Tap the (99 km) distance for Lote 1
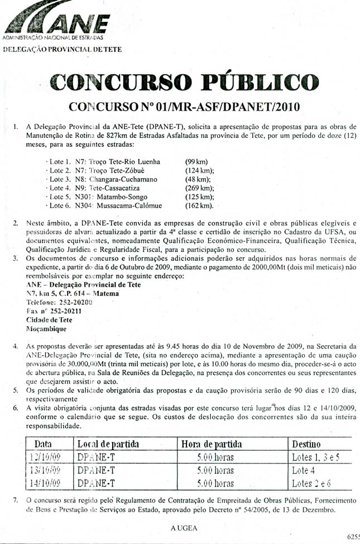coord(196,161)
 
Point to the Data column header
coord(44,444)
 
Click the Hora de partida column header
coord(212,444)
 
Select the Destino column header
coord(307,444)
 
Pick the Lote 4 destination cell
coord(304,470)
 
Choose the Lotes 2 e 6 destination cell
coord(311,483)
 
